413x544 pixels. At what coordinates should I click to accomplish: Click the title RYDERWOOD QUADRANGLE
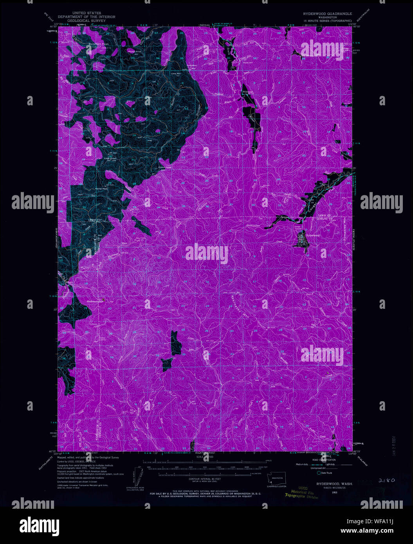327,14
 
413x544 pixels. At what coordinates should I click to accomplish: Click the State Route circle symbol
319,473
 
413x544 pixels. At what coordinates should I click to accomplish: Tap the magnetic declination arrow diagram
141,477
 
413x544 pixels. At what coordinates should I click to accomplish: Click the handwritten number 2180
386,480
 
